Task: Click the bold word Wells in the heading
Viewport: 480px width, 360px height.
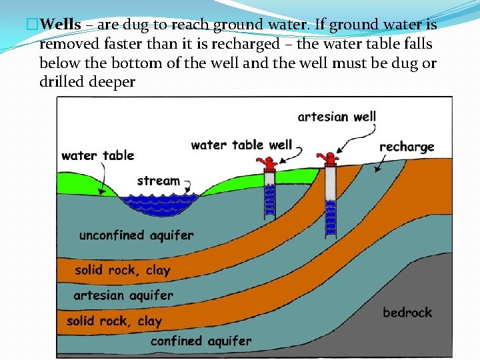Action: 60,25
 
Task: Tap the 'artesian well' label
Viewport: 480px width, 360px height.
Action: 337,117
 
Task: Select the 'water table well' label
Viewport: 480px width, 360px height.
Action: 241,145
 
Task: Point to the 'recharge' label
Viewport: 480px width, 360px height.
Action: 407,147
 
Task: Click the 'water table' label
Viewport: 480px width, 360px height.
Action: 97,156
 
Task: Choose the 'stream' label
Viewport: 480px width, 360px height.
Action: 158,181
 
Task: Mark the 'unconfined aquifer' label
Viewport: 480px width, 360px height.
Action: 136,235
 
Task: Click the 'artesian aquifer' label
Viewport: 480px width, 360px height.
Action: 123,295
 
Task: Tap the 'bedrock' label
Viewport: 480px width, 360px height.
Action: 407,312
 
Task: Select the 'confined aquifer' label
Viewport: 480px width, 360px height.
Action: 201,341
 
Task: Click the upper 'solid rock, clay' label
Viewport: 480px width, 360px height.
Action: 122,270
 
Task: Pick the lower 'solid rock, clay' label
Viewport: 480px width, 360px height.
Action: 114,321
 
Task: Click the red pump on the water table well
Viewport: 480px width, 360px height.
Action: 269,163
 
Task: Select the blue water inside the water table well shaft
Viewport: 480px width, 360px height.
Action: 269,200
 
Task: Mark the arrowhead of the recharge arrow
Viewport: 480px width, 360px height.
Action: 379,171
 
